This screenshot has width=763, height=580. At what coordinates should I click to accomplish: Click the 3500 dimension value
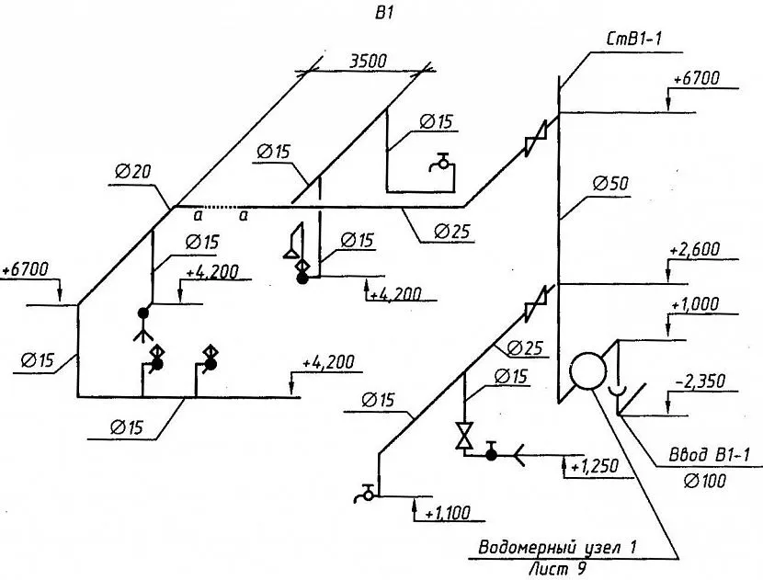coord(369,61)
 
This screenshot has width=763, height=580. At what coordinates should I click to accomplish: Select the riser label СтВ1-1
coord(634,39)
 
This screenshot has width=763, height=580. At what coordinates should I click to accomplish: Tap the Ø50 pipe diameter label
coord(610,184)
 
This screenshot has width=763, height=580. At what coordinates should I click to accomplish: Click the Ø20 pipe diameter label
coord(133,171)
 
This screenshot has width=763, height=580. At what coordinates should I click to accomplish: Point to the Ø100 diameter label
coord(704,481)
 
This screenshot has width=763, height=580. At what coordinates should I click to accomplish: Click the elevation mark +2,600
coord(694,250)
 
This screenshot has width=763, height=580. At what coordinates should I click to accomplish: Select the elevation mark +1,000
coord(694,304)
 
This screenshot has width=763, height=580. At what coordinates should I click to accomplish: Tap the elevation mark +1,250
coord(594,467)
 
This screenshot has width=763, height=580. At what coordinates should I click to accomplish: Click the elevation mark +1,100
coord(448,513)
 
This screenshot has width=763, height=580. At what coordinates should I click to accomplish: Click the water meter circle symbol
coord(587,370)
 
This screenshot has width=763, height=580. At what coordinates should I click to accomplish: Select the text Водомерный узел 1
coord(557,548)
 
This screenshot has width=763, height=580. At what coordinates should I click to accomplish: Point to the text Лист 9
coord(558,568)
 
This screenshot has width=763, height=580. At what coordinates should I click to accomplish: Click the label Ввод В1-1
coord(710,455)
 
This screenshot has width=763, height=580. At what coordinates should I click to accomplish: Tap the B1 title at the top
coord(383,14)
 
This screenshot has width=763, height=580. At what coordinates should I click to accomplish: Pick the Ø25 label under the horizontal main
coord(452,231)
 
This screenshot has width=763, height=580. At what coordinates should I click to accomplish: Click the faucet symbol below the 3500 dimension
coord(442,162)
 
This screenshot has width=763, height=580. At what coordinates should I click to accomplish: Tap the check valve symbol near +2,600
coord(536,304)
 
